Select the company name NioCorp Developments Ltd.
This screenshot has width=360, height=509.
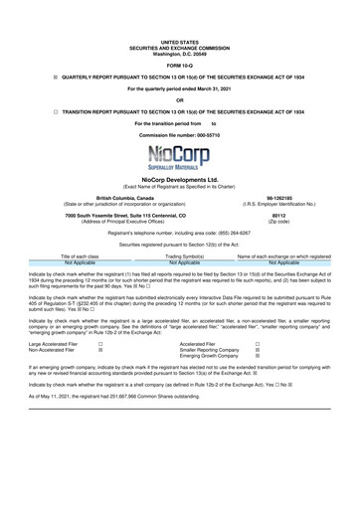click(179, 180)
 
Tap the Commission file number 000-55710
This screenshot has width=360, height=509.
click(179, 134)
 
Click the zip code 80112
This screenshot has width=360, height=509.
click(285, 214)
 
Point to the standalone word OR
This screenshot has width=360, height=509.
click(179, 98)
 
